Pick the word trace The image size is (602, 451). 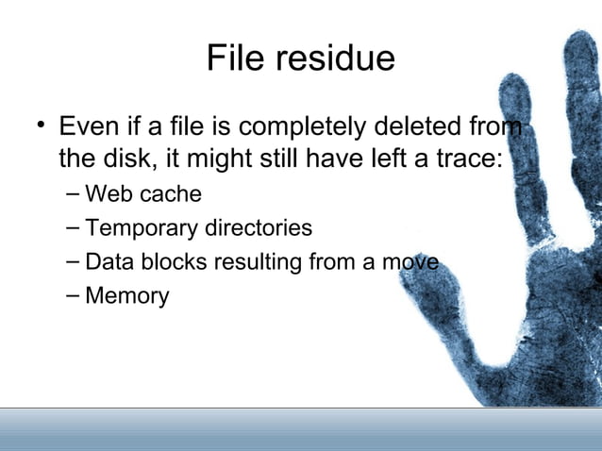click(463, 159)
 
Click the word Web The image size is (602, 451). click(107, 194)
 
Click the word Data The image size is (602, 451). click(108, 262)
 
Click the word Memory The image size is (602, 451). click(127, 296)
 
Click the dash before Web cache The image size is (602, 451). click(74, 194)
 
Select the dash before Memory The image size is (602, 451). click(74, 295)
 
